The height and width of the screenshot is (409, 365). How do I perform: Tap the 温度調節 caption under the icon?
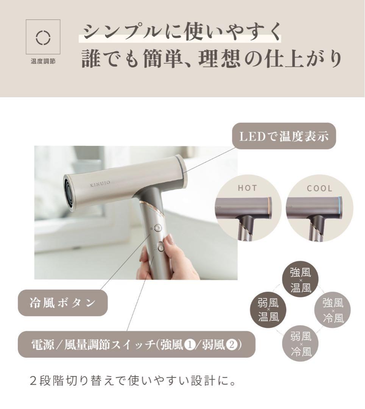(43, 61)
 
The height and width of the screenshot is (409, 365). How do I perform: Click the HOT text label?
(248, 188)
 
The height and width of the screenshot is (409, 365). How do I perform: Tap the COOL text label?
(320, 188)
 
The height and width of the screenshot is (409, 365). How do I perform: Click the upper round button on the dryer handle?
(158, 228)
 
